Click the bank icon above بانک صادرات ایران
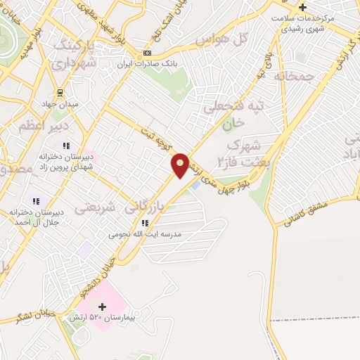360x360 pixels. tap(147, 53)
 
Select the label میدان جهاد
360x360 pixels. tap(59, 105)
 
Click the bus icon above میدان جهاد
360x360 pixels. tap(60, 93)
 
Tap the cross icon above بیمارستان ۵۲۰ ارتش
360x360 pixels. tap(103, 306)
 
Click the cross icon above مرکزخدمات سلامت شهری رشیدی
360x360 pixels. tap(302, 7)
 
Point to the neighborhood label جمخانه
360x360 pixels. tap(292, 75)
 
